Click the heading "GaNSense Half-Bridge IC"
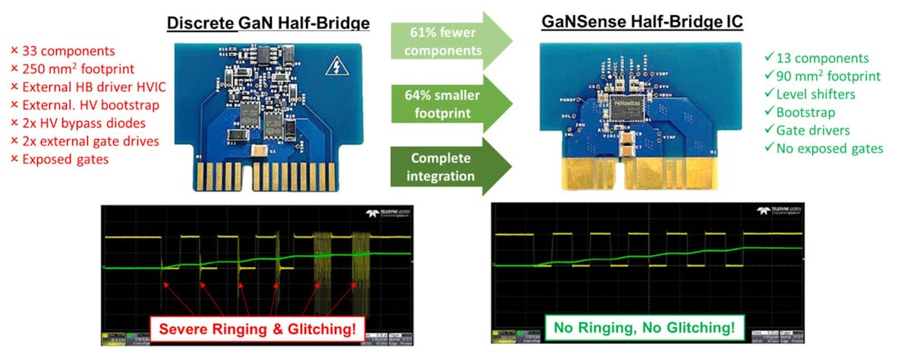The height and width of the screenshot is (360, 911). coord(641,24)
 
